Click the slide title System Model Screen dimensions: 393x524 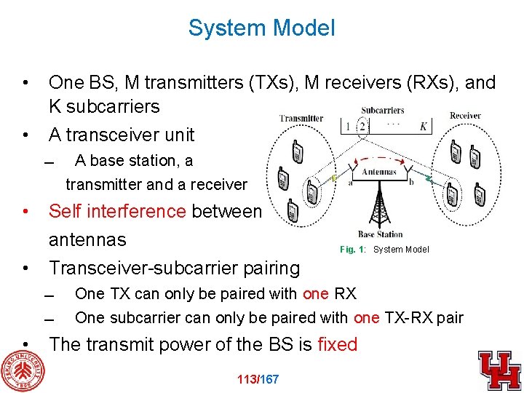click(261, 28)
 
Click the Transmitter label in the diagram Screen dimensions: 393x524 click(301, 119)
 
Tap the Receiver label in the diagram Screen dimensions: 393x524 click(465, 116)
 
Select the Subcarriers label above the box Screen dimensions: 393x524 click(383, 111)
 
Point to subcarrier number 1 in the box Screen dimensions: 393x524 click(349, 127)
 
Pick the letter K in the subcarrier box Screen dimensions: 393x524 click(424, 127)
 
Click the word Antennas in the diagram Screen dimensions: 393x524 click(378, 172)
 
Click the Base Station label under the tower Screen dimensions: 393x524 click(380, 234)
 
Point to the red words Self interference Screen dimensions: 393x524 click(117, 211)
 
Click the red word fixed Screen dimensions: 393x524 click(337, 344)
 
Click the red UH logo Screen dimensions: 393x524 click(499, 370)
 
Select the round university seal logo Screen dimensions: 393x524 click(23, 370)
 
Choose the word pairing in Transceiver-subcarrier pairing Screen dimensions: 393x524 click(268, 268)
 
